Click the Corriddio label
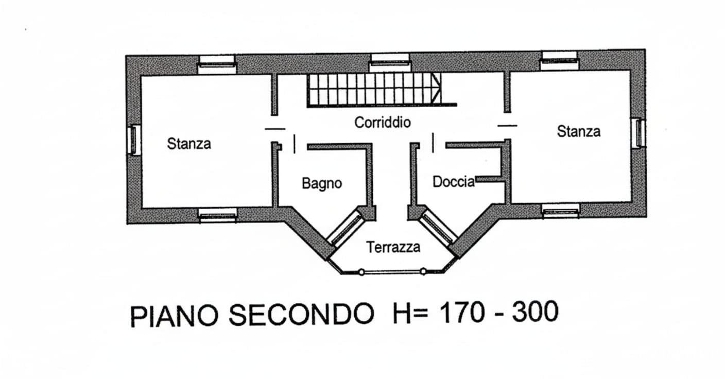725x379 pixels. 383,123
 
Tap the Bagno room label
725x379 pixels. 322,183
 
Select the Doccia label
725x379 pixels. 454,182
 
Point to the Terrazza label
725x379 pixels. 393,247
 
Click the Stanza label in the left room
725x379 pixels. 189,144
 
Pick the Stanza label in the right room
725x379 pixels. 579,131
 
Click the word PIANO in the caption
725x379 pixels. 174,316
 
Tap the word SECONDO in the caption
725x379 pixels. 302,314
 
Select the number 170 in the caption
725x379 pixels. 462,312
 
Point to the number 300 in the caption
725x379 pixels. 536,311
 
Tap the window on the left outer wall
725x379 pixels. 133,140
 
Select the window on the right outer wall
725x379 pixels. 639,133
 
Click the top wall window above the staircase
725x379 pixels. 390,62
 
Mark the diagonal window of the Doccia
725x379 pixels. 438,228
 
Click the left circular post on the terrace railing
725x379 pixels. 361,272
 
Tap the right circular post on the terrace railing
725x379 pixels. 423,271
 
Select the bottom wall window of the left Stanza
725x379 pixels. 217,215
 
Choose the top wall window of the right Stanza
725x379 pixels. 560,60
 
